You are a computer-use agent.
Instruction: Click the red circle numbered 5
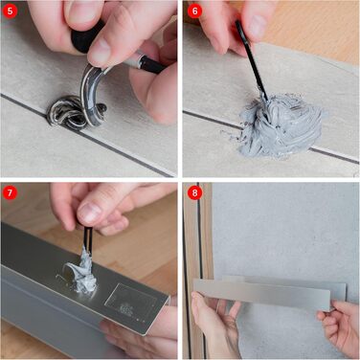11,11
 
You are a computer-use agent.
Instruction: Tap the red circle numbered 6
194,11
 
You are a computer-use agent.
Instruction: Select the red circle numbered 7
11,193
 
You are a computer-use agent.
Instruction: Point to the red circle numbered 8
194,193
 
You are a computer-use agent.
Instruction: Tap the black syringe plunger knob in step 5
84,36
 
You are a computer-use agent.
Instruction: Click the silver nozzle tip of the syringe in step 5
133,60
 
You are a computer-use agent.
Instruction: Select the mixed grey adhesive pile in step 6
278,126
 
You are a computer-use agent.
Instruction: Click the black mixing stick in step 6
252,59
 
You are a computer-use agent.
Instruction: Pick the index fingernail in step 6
258,26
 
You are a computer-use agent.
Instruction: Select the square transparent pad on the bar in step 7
131,300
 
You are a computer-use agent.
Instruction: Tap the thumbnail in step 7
89,214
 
